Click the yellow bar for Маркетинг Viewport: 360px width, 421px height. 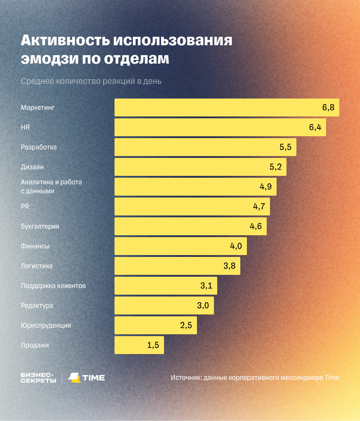pyautogui.click(x=227, y=107)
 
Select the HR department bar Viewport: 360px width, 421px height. pyautogui.click(x=220, y=127)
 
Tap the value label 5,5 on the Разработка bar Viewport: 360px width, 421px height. pyautogui.click(x=286, y=147)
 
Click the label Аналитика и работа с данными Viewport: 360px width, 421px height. pyautogui.click(x=51, y=186)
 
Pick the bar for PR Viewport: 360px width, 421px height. pyautogui.click(x=192, y=206)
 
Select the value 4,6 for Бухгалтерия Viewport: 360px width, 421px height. pyautogui.click(x=255, y=226)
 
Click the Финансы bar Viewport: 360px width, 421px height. pyautogui.click(x=180, y=246)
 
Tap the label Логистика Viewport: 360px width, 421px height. pyautogui.click(x=37, y=266)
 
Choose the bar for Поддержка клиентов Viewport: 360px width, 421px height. pyautogui.click(x=166, y=286)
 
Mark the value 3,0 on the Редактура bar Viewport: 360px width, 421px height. pyautogui.click(x=203, y=305)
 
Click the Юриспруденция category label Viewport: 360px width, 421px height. pyautogui.click(x=46, y=325)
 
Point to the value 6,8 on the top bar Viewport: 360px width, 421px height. pyautogui.click(x=328, y=107)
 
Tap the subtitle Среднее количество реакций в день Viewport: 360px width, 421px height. pyautogui.click(x=91, y=81)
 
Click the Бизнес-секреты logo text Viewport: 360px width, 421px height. pyautogui.click(x=38, y=378)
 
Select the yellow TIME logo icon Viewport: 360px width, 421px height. pyautogui.click(x=74, y=378)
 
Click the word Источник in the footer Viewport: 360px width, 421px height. pyautogui.click(x=186, y=378)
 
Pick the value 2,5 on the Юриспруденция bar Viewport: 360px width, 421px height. pyautogui.click(x=186, y=325)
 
